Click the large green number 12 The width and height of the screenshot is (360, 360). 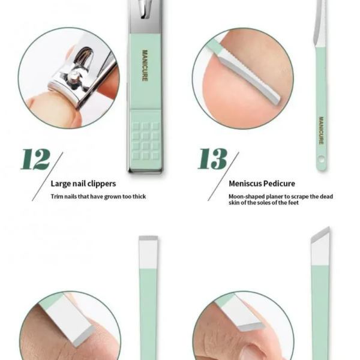(35, 159)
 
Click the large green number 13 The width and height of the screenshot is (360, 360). (212, 158)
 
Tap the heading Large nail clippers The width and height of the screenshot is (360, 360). (83, 184)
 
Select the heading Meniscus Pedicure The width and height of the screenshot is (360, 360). (262, 184)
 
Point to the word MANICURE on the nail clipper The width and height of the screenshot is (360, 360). (145, 65)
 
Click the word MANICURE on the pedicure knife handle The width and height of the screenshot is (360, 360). (321, 130)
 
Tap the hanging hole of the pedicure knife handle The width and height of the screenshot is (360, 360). (322, 159)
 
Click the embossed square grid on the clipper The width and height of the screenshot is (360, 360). (146, 141)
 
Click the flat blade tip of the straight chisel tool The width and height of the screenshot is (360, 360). (148, 238)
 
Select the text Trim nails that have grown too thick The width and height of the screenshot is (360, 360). (98, 197)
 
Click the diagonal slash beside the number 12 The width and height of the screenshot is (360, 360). (47, 176)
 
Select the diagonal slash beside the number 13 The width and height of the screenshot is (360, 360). (223, 176)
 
